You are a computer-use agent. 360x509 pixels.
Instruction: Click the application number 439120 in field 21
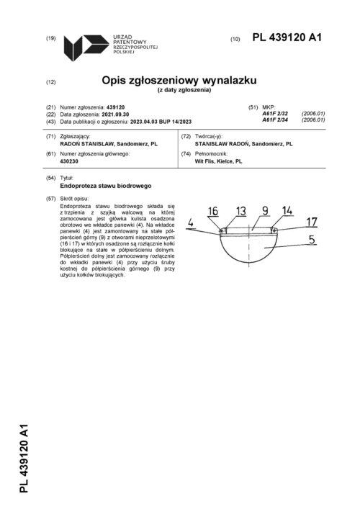[115, 107]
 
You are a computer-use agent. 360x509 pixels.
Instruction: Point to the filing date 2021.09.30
[119, 114]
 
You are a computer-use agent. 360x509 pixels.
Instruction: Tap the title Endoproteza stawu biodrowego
[101, 186]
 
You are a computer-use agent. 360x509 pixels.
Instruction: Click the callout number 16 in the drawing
[213, 211]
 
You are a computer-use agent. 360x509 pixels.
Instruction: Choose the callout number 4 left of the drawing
[191, 224]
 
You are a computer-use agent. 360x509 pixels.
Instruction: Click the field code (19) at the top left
[50, 37]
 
